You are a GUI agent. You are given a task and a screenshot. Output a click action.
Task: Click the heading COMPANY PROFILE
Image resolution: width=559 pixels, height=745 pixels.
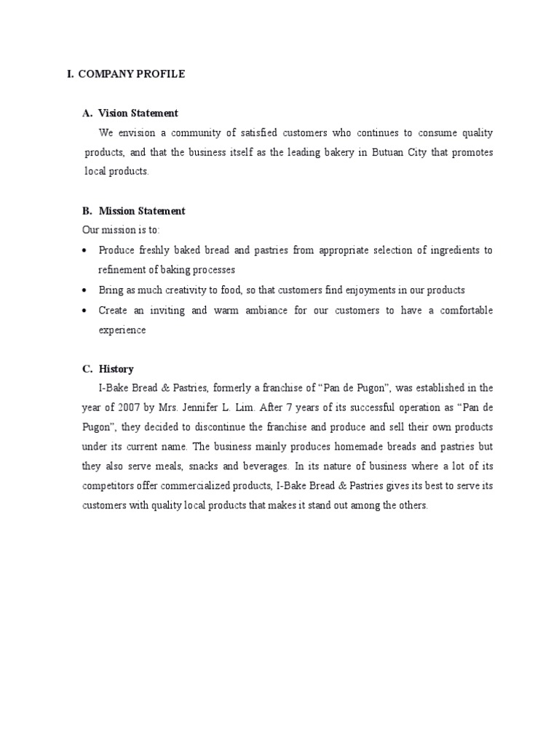click(132, 74)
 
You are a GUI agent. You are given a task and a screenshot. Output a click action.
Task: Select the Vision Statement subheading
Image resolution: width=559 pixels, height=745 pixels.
click(138, 113)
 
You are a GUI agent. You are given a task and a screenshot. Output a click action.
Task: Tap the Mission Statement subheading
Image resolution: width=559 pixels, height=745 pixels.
click(142, 211)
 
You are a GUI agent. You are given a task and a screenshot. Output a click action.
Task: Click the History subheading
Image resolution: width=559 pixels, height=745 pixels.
click(116, 369)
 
